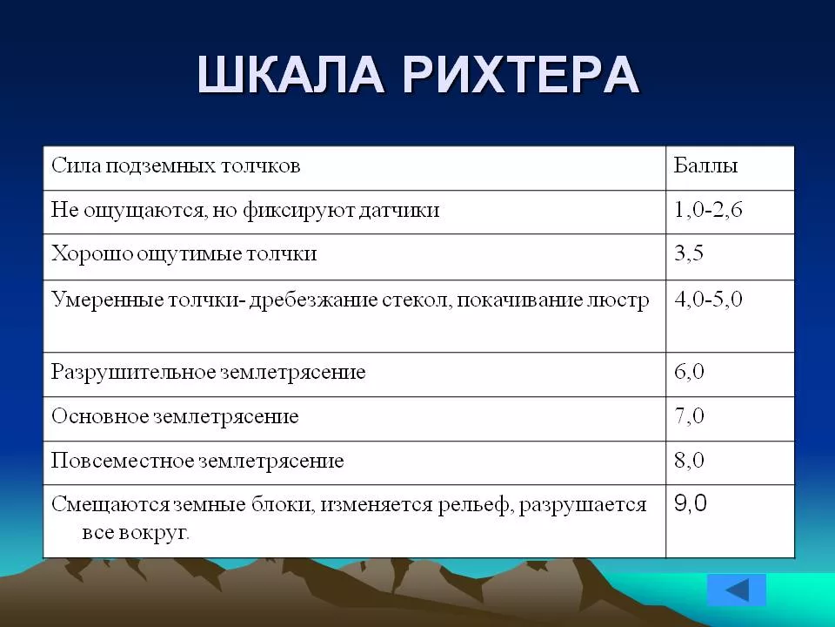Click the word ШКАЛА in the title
[291, 74]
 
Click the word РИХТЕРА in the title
[521, 74]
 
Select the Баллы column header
[705, 165]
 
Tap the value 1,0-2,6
[708, 210]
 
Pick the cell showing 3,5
[689, 253]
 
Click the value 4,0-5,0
[708, 299]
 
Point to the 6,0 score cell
[689, 371]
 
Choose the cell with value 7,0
[689, 415]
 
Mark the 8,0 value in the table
[689, 460]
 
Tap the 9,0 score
[690, 502]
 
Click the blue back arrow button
[737, 590]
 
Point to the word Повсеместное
[124, 460]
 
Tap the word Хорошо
[92, 253]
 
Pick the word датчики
[398, 210]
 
